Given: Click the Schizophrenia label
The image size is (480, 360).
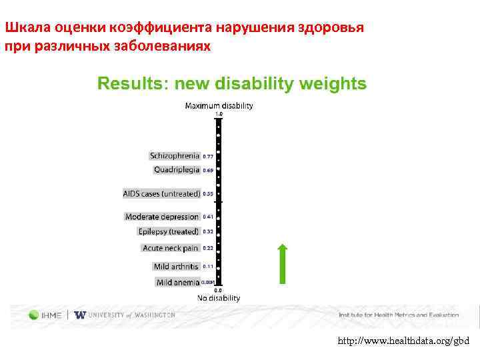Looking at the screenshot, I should [x=175, y=156].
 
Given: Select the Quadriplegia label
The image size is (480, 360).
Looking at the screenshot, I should [x=177, y=170].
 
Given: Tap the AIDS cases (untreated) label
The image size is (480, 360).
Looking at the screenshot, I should [x=161, y=194].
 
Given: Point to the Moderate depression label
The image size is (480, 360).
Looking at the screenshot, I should [x=162, y=217].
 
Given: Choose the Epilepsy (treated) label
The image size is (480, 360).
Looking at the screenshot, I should [x=168, y=231].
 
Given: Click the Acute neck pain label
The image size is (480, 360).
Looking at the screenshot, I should [x=171, y=248].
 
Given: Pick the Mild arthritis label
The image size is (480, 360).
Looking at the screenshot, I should [x=176, y=267].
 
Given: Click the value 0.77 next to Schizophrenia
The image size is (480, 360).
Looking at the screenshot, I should [x=208, y=157].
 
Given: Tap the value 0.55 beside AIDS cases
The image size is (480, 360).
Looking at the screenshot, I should [x=208, y=194].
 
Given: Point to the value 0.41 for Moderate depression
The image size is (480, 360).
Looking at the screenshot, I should [x=208, y=217].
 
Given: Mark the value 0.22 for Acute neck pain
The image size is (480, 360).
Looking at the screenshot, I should [x=208, y=248].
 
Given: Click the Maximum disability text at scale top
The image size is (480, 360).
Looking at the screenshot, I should [x=219, y=105].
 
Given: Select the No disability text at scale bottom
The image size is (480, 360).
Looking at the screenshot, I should [x=218, y=298].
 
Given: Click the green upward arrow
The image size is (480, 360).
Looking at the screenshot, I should [x=283, y=264].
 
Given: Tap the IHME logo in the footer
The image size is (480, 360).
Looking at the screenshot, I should [x=46, y=315].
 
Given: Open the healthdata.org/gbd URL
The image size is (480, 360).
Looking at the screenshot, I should [x=403, y=341].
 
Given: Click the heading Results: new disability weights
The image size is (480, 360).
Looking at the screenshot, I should [x=232, y=83].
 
